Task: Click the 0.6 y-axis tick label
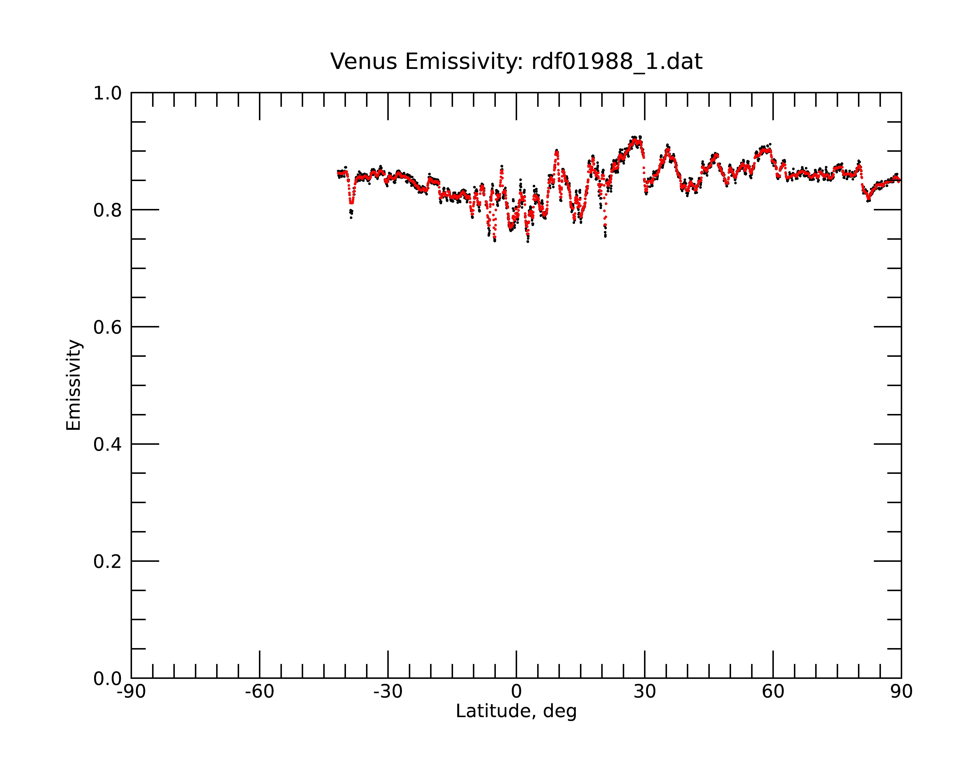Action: coord(108,327)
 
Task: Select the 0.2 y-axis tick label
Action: coord(108,562)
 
